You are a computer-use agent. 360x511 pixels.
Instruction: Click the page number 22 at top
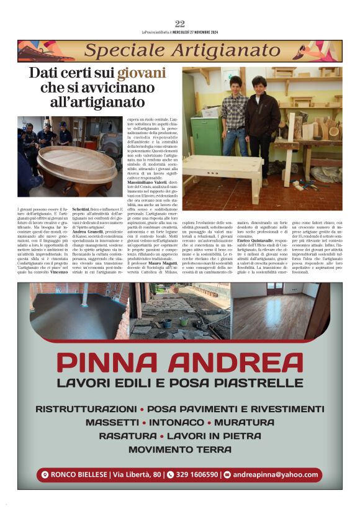(x=180, y=24)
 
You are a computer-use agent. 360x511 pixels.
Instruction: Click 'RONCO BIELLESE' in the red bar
(x=78, y=474)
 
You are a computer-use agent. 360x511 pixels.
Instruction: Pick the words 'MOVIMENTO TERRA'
(x=179, y=449)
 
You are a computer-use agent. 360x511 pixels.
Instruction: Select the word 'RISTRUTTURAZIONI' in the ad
(x=86, y=409)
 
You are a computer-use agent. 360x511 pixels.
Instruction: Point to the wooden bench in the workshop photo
(x=222, y=171)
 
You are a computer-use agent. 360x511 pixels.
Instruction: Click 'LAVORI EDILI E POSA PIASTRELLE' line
(x=180, y=382)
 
